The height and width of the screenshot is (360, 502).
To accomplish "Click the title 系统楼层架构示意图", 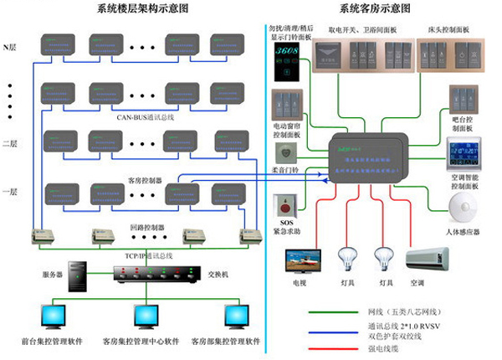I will (137, 8).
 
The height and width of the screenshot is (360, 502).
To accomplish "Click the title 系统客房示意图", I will (375, 8).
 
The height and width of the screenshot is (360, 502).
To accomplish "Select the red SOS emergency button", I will (286, 203).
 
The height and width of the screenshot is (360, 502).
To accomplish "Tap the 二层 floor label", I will (11, 143).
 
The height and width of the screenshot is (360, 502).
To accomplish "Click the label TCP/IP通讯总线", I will (138, 253).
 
